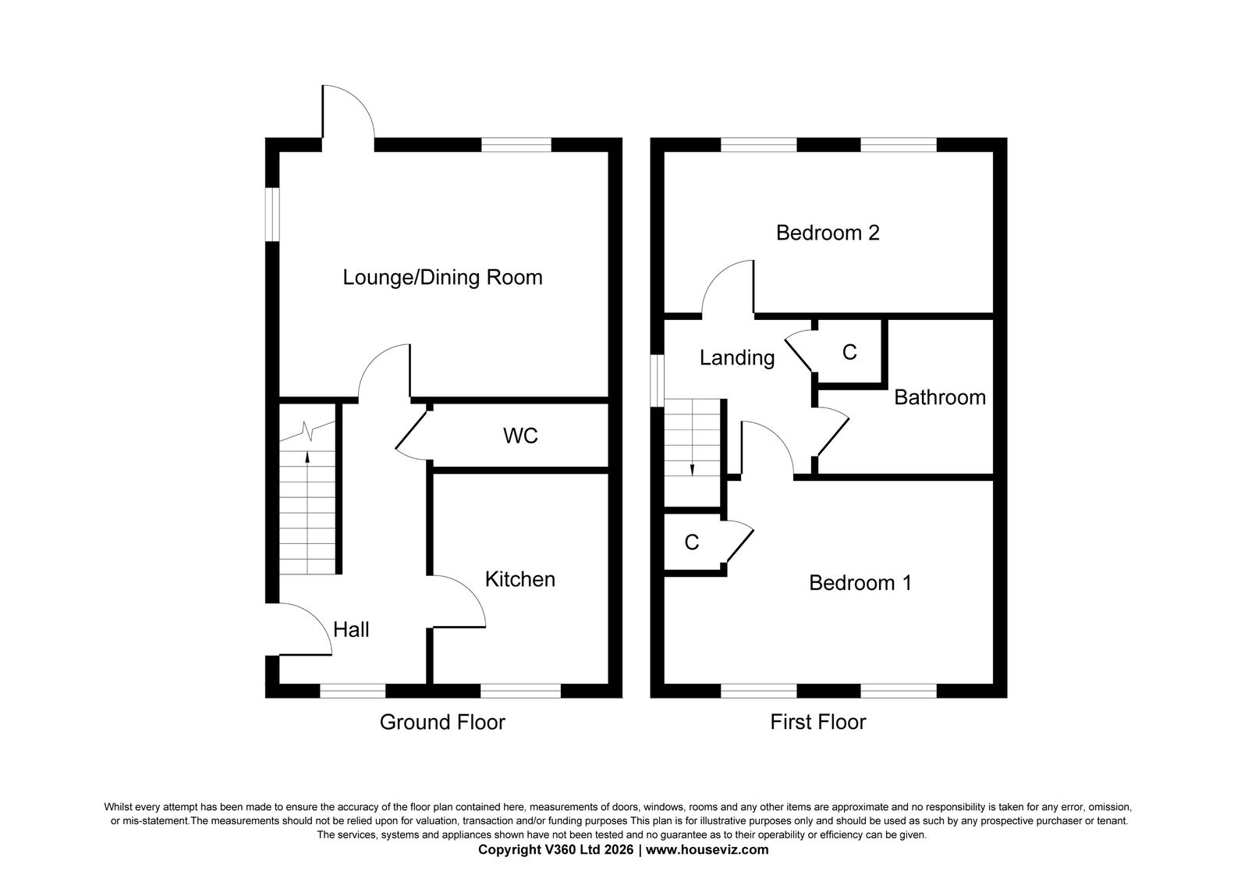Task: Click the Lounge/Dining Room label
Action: (442, 278)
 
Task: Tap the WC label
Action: (520, 436)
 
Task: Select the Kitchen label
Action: (519, 579)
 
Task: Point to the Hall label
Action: (351, 629)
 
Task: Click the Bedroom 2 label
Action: (828, 233)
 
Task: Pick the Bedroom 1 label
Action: (860, 582)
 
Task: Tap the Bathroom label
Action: (940, 397)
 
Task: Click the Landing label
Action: (737, 358)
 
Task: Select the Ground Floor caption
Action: (442, 722)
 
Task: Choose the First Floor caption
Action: (818, 722)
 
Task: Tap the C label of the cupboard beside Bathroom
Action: (849, 352)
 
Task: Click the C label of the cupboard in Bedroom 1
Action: (691, 542)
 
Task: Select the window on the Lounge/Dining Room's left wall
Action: (272, 215)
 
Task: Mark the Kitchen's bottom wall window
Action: (520, 691)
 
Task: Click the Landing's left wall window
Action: (658, 381)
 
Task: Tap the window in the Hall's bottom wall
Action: (352, 691)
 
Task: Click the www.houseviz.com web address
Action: (707, 850)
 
